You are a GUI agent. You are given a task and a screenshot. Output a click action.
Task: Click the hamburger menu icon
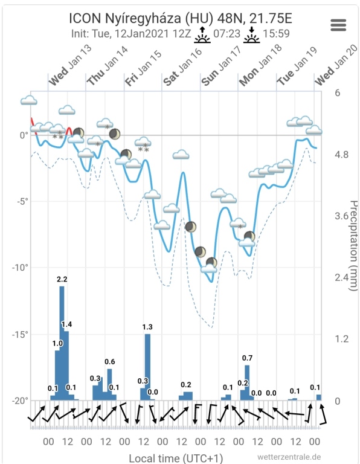[338, 25]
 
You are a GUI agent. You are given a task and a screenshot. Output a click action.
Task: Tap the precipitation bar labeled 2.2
[62, 343]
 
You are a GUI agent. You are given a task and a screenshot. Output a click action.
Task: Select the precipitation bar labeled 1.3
[147, 367]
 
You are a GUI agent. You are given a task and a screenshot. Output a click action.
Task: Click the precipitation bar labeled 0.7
[247, 382]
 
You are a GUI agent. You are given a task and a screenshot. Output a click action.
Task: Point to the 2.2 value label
[62, 279]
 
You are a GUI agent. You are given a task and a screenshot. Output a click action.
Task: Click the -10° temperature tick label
[20, 268]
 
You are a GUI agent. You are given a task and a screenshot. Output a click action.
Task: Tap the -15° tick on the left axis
[20, 334]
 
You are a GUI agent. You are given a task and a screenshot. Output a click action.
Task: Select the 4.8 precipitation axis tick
[341, 155]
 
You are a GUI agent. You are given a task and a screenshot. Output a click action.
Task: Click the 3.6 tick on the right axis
[341, 216]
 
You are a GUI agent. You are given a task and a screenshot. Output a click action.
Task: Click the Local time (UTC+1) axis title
[176, 458]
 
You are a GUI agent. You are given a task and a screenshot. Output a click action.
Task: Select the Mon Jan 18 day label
[260, 66]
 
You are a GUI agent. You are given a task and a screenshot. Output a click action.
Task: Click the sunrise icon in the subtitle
[202, 34]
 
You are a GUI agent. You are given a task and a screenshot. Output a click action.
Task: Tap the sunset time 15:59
[276, 34]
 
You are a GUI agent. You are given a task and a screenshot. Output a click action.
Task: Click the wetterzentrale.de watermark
[289, 457]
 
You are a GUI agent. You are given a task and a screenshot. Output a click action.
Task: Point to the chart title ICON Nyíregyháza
[125, 18]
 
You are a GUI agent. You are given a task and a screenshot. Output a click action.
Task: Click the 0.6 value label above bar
[110, 362]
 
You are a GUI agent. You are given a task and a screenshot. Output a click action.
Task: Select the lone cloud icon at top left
[29, 100]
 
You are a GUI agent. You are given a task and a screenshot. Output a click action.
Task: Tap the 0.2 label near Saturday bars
[186, 385]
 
